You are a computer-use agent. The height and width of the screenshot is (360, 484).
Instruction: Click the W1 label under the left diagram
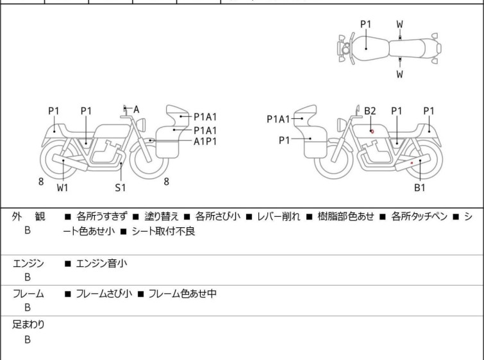pos(63,187)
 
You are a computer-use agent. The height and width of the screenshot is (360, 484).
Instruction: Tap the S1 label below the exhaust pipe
pos(121,187)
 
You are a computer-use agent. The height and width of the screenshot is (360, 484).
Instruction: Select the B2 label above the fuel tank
pos(370,110)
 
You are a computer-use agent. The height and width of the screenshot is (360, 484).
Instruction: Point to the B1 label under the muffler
pos(420,187)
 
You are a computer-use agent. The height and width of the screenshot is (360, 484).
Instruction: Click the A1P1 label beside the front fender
pos(205,142)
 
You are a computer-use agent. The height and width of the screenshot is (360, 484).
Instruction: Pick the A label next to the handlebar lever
pos(136,109)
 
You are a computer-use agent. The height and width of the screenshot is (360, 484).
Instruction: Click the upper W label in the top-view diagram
pos(400,24)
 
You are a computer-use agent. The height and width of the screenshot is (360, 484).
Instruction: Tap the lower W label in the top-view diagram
pos(400,74)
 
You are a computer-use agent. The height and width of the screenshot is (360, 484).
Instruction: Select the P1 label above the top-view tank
pos(366,24)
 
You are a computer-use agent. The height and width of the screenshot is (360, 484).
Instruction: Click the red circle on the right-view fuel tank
pos(372,132)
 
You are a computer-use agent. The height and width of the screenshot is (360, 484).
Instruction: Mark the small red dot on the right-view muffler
pos(412,162)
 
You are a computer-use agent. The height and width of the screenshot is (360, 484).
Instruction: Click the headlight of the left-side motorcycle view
pos(142,124)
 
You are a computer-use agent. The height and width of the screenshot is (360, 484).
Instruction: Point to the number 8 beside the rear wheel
pos(41,182)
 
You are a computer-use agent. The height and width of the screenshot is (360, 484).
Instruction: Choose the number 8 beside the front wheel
pos(167,182)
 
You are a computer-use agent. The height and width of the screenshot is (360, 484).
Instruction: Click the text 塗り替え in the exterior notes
pos(162,216)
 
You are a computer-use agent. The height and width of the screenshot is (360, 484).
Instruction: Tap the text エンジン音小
pos(101,264)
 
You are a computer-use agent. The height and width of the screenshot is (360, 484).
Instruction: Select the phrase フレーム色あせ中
pos(183,293)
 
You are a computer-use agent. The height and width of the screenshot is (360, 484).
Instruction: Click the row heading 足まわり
pos(28,325)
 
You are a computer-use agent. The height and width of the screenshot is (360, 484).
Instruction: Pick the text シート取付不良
pos(163,232)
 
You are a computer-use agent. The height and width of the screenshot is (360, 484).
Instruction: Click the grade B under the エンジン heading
pos(28,277)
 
